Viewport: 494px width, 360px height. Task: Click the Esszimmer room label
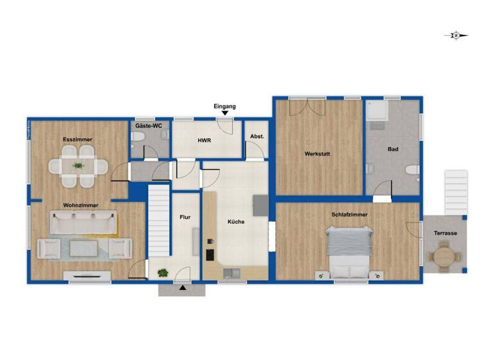[x=77, y=139]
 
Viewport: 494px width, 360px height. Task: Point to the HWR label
[x=205, y=140]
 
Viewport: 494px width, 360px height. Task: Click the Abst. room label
[x=257, y=136]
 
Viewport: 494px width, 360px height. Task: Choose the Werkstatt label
[x=318, y=154]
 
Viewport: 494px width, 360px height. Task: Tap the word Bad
[x=392, y=149]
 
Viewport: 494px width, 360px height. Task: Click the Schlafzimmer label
[x=349, y=214]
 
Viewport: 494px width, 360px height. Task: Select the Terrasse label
[x=444, y=233]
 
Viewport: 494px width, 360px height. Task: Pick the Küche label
[x=235, y=222]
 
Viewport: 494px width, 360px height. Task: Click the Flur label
[x=185, y=217]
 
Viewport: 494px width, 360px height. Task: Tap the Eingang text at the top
[x=225, y=106]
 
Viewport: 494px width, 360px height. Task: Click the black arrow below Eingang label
[x=225, y=114]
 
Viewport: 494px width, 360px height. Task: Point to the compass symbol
[x=455, y=36]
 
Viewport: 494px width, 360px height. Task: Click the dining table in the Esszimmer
[x=78, y=166]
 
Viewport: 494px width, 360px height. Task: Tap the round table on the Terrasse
[x=443, y=256]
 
